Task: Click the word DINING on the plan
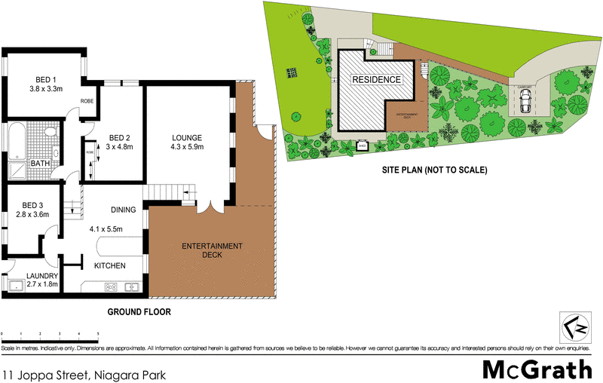pos(123,210)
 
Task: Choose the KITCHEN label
pos(109,266)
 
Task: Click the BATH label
pos(40,163)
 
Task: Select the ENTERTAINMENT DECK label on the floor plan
pos(213,250)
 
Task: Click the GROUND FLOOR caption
pos(139,311)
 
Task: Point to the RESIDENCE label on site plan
pos(378,78)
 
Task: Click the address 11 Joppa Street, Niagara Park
pos(84,373)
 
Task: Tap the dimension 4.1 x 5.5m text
pos(106,228)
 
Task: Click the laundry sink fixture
pos(16,285)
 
